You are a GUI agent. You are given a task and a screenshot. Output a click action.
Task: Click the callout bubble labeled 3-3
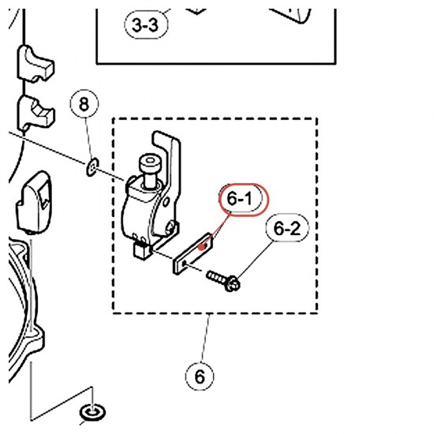(x=146, y=24)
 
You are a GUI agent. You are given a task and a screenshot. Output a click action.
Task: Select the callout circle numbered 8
(x=84, y=104)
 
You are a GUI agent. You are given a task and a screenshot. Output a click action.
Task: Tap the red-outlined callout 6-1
(x=244, y=199)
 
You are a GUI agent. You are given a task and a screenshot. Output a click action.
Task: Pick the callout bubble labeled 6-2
(x=287, y=228)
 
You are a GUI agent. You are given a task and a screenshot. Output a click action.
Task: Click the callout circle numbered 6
(x=200, y=376)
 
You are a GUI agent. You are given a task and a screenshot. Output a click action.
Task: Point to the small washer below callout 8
(x=92, y=167)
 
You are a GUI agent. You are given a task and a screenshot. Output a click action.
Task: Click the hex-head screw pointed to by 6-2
(x=223, y=280)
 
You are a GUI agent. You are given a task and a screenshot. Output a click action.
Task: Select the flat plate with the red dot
(x=193, y=253)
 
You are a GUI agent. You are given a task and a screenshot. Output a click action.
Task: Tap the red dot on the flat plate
(x=204, y=246)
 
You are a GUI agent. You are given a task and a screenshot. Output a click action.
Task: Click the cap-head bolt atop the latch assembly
(x=149, y=170)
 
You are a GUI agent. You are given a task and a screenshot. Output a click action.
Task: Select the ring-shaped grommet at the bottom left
(x=92, y=413)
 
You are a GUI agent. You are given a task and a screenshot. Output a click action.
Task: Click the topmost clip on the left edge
(x=36, y=65)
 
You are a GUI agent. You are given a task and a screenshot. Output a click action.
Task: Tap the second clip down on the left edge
(x=36, y=113)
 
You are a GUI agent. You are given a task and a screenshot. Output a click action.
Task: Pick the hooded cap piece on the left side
(x=34, y=202)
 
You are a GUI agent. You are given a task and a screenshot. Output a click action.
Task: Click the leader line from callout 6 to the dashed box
(x=205, y=338)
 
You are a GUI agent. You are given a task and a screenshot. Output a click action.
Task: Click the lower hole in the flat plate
(x=185, y=264)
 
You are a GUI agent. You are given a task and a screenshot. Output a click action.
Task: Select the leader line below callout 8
(x=89, y=140)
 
